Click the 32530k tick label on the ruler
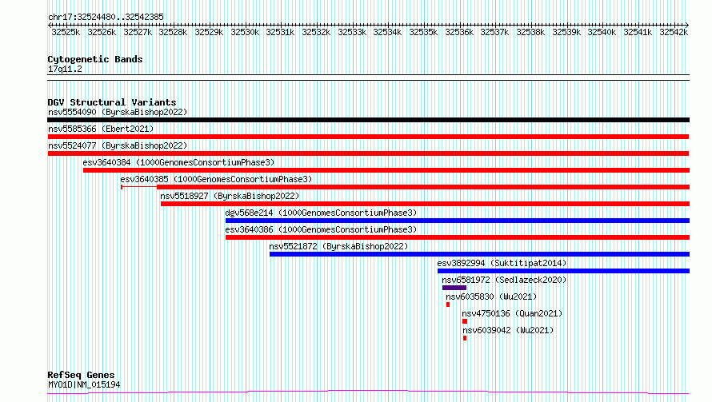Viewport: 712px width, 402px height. tap(245, 32)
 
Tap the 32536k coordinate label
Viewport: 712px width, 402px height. tap(459, 32)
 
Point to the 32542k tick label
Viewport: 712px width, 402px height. tap(674, 32)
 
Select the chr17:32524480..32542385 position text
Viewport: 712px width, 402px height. tap(106, 18)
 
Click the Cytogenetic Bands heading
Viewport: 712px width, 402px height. tap(95, 59)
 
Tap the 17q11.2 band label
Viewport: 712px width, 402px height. tap(65, 69)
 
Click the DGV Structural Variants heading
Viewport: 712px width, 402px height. tap(112, 102)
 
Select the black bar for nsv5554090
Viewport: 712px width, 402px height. tap(368, 120)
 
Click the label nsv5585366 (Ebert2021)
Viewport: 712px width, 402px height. tap(101, 129)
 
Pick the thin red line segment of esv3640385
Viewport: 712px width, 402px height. tap(139, 187)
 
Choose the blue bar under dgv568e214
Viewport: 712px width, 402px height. tap(458, 221)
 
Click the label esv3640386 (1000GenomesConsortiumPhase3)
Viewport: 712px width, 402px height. tap(321, 229)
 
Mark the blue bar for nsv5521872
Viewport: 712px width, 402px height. tap(479, 254)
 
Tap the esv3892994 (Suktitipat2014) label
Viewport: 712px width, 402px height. tap(502, 263)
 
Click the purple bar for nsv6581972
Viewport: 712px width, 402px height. tap(454, 289)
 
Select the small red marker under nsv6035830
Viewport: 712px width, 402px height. tap(448, 305)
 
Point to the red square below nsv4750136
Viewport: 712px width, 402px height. tap(465, 322)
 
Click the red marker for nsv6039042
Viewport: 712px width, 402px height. tap(465, 339)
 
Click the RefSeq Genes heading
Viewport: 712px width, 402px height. tap(81, 376)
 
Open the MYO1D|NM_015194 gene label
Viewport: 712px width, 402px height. tap(84, 384)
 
